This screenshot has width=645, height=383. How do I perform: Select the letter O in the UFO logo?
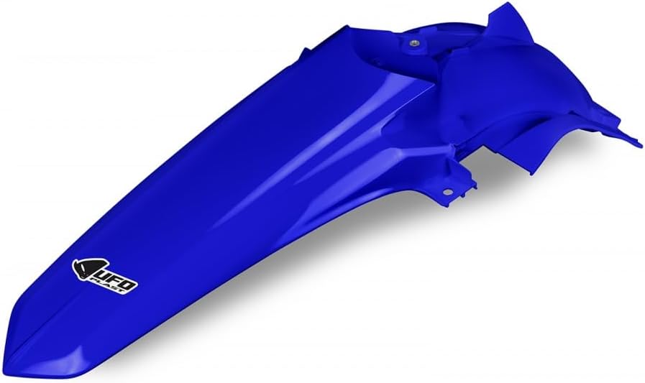pyautogui.click(x=128, y=285)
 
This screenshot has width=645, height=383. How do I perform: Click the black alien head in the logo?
pyautogui.click(x=86, y=268)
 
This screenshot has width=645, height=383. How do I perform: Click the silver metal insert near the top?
pyautogui.click(x=415, y=42)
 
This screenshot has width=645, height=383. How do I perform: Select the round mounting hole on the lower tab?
pyautogui.click(x=448, y=191)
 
